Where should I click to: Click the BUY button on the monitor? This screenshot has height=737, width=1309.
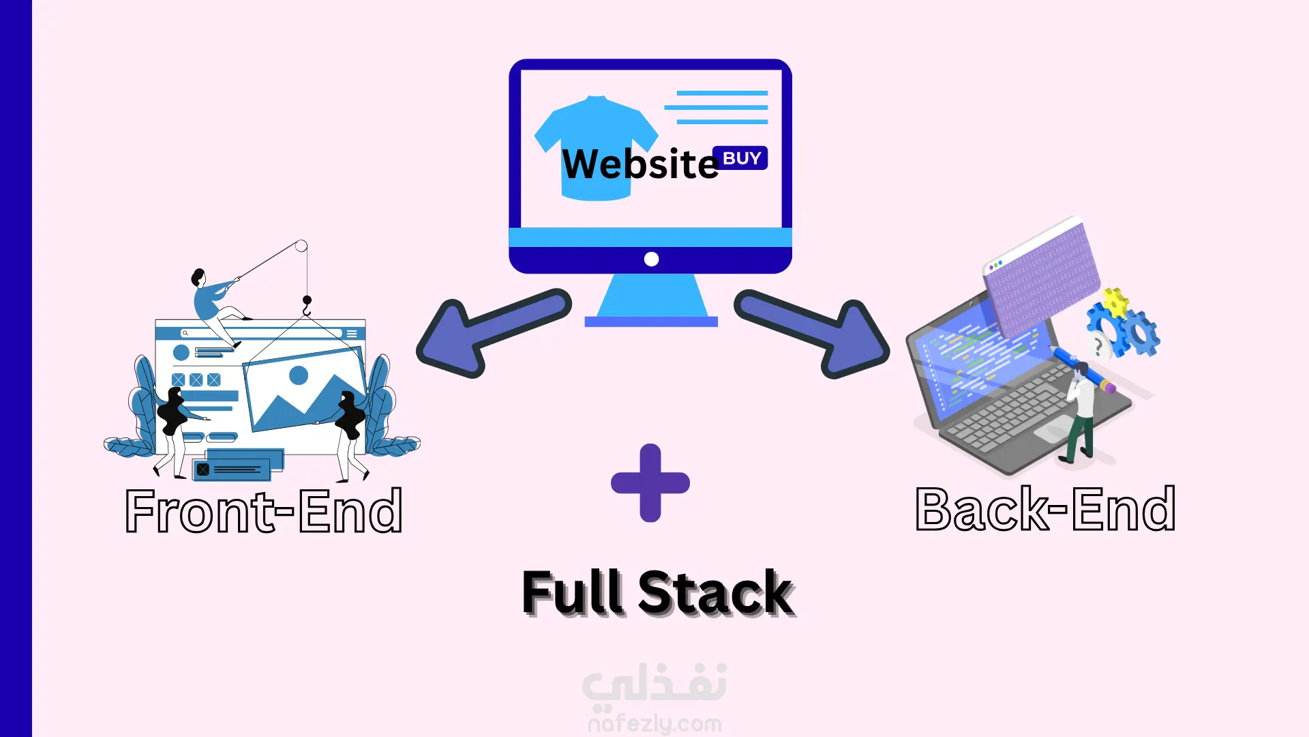[x=740, y=158]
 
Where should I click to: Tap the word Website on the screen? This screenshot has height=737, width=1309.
[x=640, y=164]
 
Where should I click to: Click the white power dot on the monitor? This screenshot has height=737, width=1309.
[x=651, y=259]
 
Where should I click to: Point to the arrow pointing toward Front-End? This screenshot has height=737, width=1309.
[x=491, y=332]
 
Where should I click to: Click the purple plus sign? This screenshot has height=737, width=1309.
[x=650, y=483]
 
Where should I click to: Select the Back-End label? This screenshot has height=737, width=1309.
[x=1045, y=509]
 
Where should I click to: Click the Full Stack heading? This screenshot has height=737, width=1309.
[x=657, y=592]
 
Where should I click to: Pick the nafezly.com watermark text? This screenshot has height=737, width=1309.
[x=654, y=723]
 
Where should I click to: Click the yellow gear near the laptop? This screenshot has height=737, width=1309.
[x=1115, y=302]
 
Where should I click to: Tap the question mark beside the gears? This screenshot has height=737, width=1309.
[x=1098, y=347]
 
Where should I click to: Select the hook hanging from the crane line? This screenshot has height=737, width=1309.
[x=307, y=306]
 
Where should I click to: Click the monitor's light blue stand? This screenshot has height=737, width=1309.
[x=651, y=297]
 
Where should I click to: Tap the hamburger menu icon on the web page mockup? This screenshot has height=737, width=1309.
[x=352, y=334]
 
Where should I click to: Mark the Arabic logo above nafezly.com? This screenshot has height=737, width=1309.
[x=654, y=684]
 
